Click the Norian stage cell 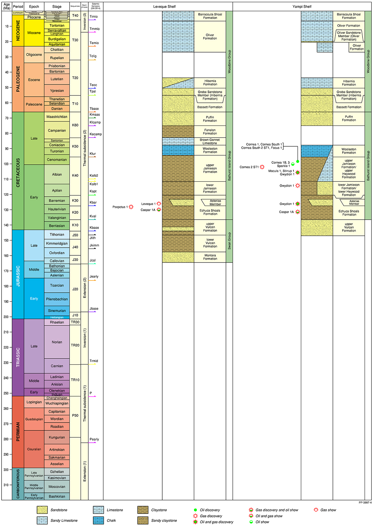point(57,342)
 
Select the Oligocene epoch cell point(34,55)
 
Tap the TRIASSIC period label point(18,357)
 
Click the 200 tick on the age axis point(6,317)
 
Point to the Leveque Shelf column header point(164,7)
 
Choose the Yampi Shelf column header point(302,7)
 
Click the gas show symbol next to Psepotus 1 point(131,207)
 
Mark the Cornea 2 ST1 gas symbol point(262,167)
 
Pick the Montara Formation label point(210,257)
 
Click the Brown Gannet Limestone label point(210,141)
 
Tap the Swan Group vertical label point(229,241)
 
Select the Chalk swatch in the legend point(98,520)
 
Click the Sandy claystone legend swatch point(143,520)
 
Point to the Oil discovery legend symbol point(195,510)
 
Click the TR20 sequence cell point(75,345)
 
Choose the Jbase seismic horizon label point(94,308)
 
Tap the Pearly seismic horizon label point(94,439)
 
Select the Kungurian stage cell point(57,437)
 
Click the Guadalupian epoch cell point(34,419)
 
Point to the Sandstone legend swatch point(42,510)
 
